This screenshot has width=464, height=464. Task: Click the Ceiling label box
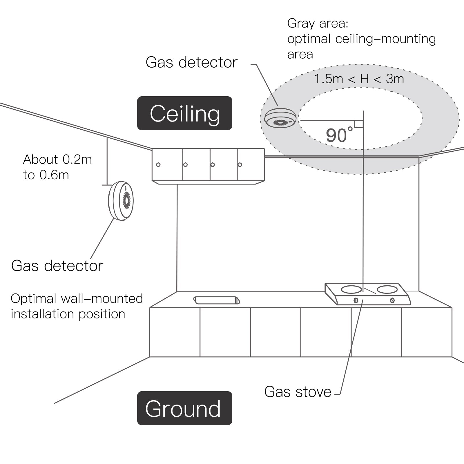pos(184,113)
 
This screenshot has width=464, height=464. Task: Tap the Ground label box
pos(184,408)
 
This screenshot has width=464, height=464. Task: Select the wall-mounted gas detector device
pos(121,201)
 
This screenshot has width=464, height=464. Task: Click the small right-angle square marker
pos(359,124)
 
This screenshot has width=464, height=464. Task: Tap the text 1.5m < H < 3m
pos(359,79)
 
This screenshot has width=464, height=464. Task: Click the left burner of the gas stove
pos(351,289)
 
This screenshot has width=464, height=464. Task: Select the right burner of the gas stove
pos(387,289)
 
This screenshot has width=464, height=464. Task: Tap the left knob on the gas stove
pos(356,300)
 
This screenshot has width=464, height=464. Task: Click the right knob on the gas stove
pos(392,300)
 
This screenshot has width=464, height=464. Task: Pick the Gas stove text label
pos(298,392)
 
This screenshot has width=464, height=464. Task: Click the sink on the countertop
pos(217,300)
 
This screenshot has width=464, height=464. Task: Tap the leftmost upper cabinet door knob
pos(158,165)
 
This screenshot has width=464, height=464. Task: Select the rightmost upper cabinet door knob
pos(240,165)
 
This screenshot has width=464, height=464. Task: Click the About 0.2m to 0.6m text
pos(57,167)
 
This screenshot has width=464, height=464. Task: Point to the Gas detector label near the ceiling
pos(191,62)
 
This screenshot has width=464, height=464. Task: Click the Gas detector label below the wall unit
pos(57,266)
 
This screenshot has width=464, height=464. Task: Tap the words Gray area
pos(317,23)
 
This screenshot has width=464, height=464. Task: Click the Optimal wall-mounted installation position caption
pos(77,306)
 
